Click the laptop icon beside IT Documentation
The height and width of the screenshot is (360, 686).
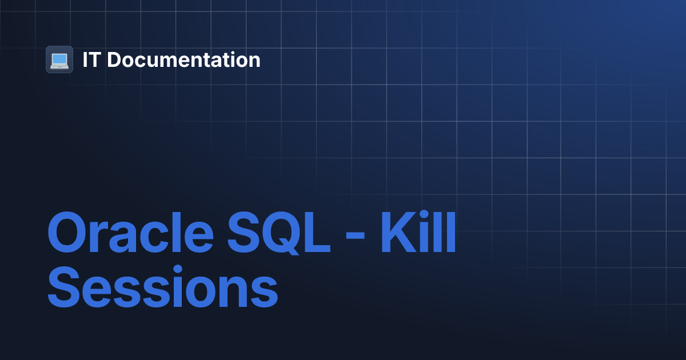pyautogui.click(x=59, y=59)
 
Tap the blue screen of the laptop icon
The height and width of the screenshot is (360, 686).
pyautogui.click(x=59, y=58)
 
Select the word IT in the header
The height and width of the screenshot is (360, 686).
pyautogui.click(x=90, y=60)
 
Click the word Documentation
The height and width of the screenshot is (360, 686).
pyautogui.click(x=184, y=60)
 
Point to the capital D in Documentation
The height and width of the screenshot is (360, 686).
pyautogui.click(x=114, y=60)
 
